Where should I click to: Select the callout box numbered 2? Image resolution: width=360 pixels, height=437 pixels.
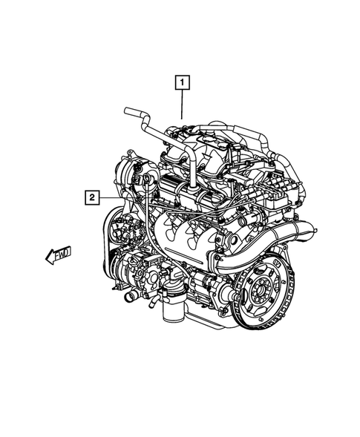91,197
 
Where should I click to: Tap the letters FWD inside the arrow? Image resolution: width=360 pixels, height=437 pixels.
62,254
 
